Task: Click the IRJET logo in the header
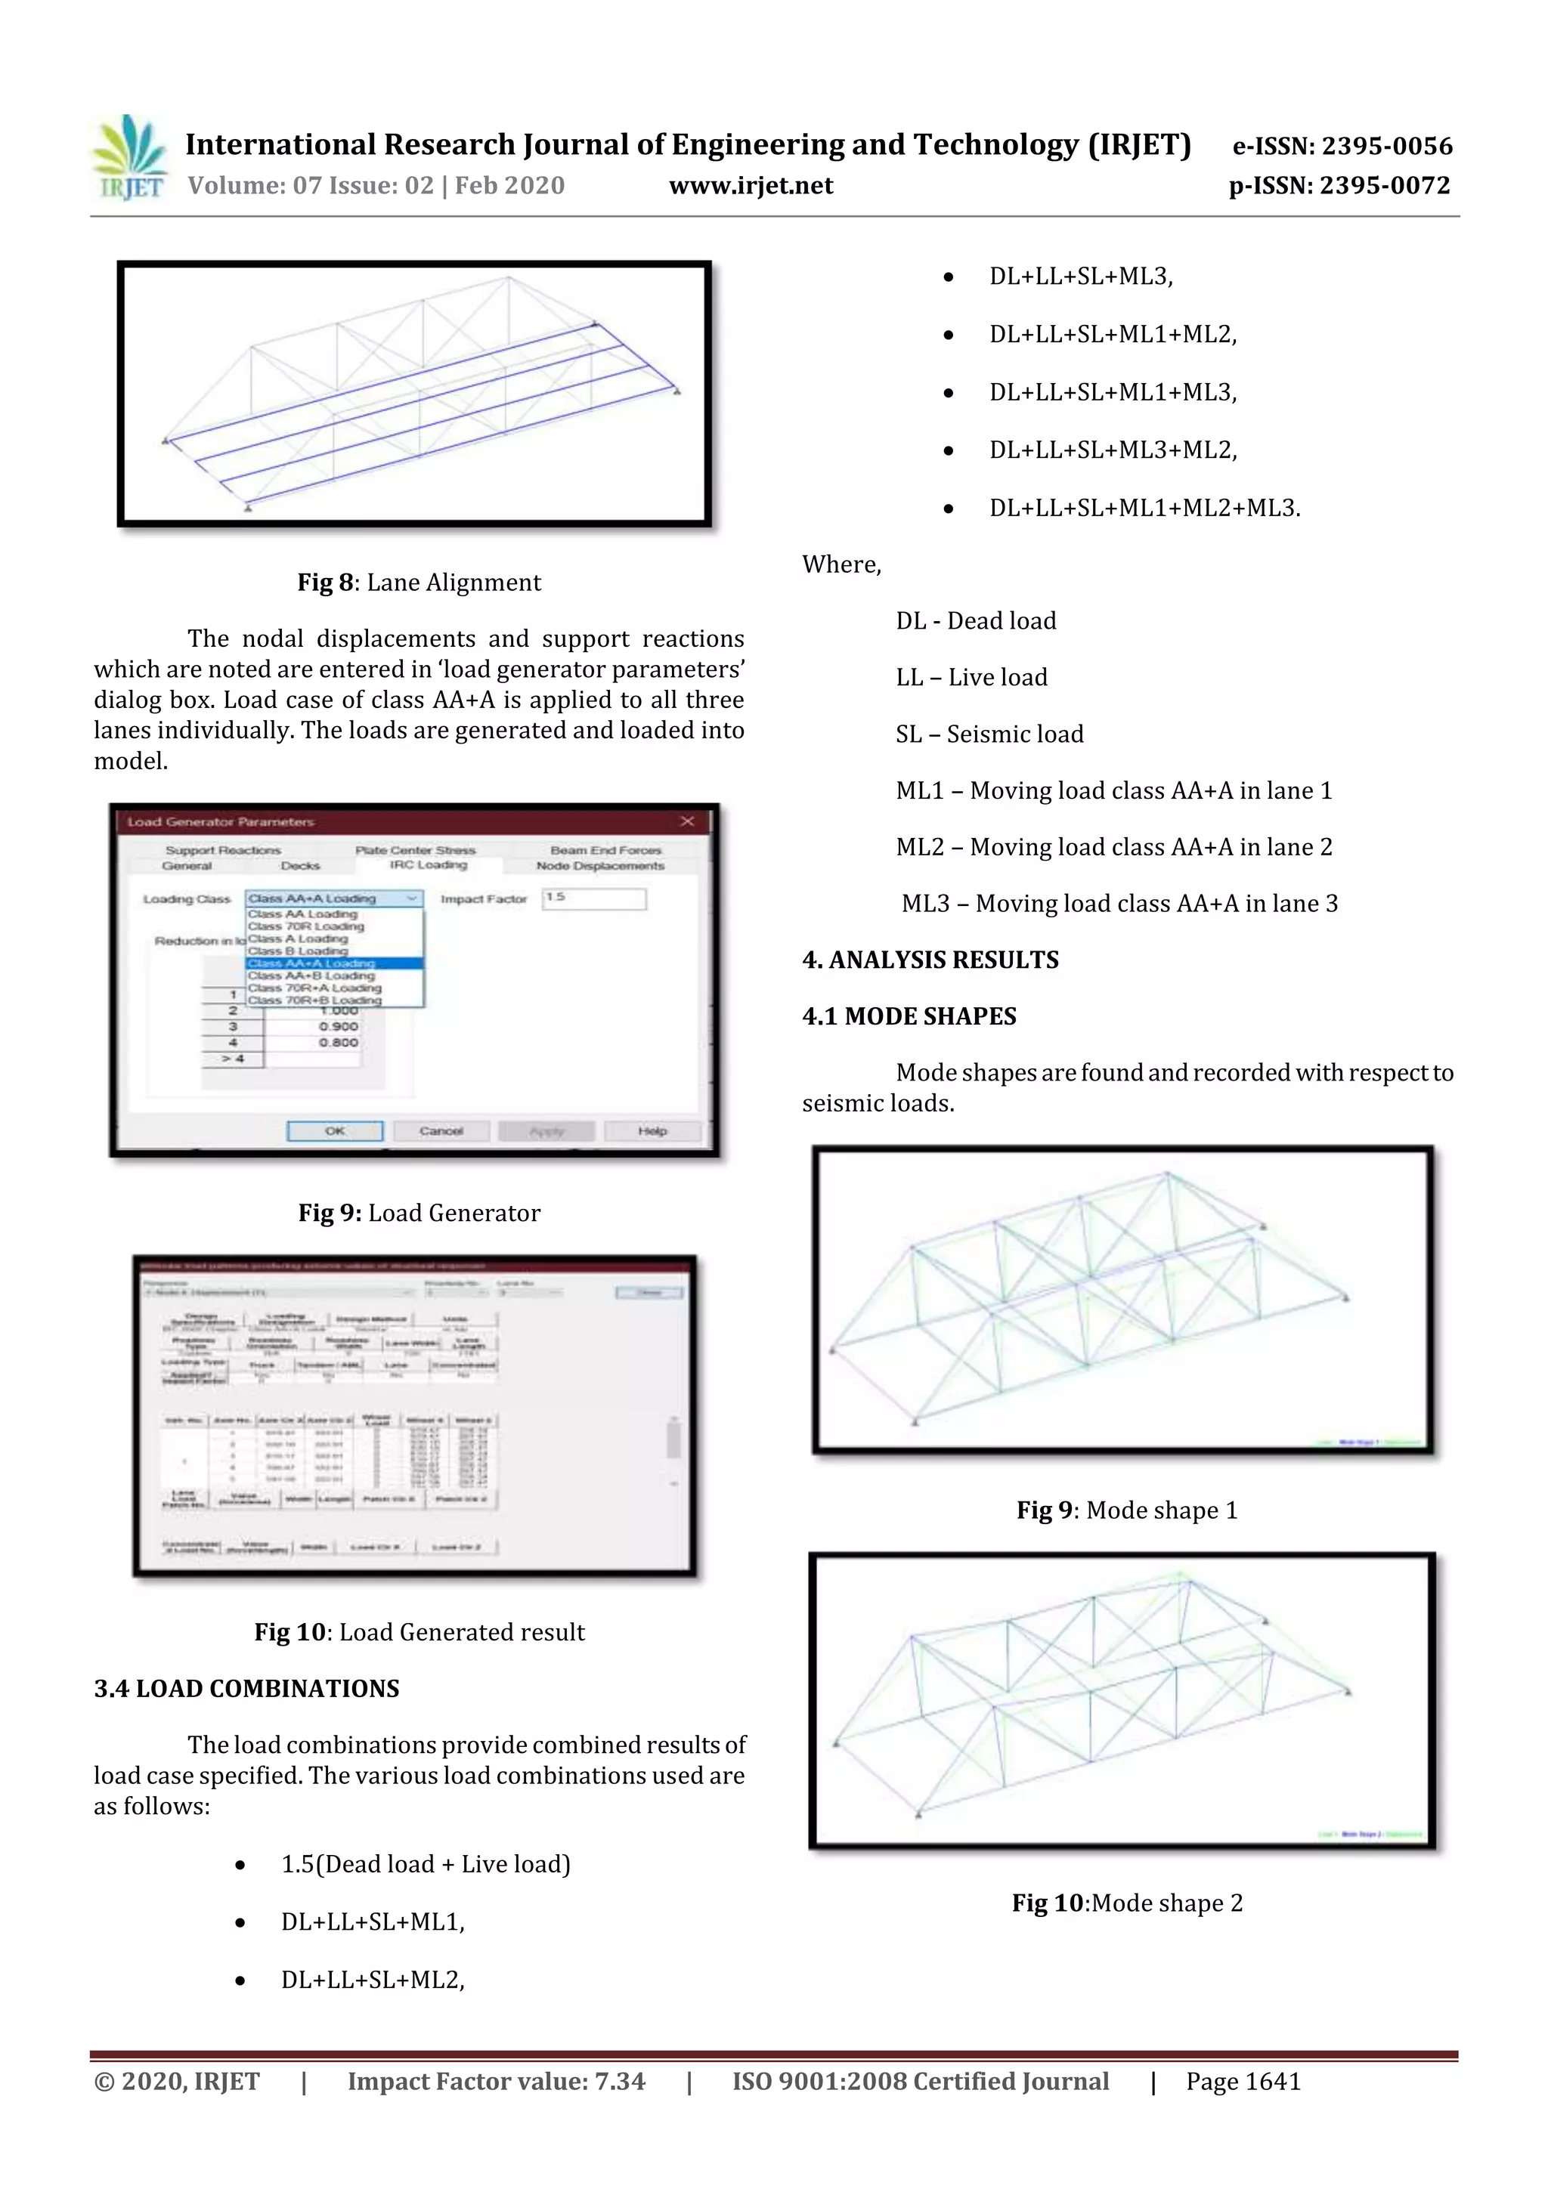(128, 158)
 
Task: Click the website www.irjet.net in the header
(751, 186)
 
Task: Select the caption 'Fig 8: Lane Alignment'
(419, 583)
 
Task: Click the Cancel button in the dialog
(441, 1130)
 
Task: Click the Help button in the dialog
(652, 1130)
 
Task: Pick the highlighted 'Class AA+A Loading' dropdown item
(334, 963)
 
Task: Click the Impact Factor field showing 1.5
(593, 898)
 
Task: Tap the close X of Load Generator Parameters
(687, 821)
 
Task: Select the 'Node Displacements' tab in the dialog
(600, 866)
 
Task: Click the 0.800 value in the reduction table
(338, 1042)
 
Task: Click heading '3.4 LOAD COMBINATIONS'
(246, 1689)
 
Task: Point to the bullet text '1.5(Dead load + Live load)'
(426, 1864)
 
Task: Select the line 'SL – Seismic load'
(989, 734)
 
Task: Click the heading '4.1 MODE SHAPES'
(909, 1016)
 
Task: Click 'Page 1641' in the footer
(1243, 2081)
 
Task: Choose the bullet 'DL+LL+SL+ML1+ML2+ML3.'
(1144, 509)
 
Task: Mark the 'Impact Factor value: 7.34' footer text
(496, 2081)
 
